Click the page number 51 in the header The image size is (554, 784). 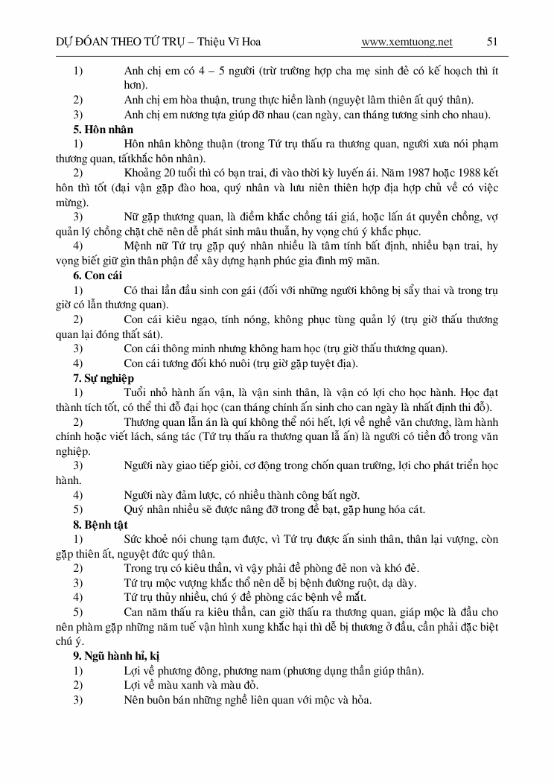pos(491,42)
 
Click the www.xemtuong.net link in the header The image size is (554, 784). pos(407,42)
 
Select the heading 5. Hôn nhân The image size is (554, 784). pos(104,130)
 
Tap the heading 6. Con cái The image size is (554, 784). pos(98,275)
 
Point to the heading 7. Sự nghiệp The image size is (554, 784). pos(104,377)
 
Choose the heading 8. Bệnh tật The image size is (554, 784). pos(101,524)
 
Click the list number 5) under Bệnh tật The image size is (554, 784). pos(77,612)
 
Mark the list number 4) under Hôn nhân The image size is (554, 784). pos(77,246)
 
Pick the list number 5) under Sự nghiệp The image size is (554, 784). pos(77,509)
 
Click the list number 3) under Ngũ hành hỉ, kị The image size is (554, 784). pos(77,700)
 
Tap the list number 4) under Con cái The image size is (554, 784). pos(77,363)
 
